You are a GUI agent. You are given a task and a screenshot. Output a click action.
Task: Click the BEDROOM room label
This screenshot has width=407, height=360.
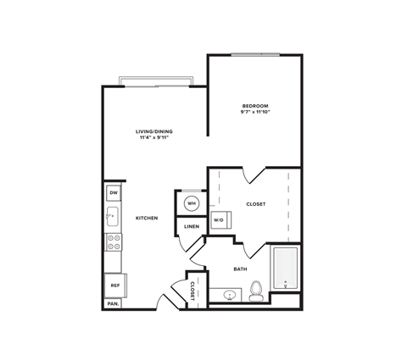[x=254, y=106]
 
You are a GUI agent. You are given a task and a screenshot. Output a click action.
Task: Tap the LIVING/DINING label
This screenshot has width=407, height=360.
[x=155, y=131]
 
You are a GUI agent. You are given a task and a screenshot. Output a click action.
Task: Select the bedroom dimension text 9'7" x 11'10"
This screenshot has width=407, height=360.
[x=254, y=113]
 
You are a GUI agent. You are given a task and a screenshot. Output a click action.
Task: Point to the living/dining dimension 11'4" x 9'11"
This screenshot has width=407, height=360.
[x=155, y=138]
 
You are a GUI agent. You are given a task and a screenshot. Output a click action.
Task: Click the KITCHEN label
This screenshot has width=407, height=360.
[x=148, y=219]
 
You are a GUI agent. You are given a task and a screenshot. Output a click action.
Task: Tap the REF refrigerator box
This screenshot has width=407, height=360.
[x=114, y=285]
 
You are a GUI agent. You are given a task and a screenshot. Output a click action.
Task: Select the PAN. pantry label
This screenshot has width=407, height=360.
[x=113, y=303]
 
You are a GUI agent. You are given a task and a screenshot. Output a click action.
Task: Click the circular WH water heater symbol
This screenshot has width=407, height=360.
[x=192, y=203]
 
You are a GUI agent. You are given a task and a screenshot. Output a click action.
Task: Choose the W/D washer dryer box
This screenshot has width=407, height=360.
[x=219, y=219]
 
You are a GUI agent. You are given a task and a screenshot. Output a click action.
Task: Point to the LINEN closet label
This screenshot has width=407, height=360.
[x=192, y=226]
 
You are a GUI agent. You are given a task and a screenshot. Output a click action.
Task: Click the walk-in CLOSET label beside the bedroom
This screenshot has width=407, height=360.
[x=256, y=204]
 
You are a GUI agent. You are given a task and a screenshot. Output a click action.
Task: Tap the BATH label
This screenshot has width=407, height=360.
[x=240, y=269]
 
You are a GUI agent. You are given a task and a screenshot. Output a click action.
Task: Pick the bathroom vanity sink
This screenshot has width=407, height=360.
[x=228, y=295]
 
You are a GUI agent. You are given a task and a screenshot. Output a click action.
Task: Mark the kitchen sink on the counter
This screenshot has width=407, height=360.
[x=113, y=217]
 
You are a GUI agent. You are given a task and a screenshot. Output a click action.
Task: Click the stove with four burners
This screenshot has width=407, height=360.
[x=113, y=242]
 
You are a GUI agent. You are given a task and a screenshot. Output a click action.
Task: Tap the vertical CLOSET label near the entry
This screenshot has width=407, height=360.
[x=193, y=291]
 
